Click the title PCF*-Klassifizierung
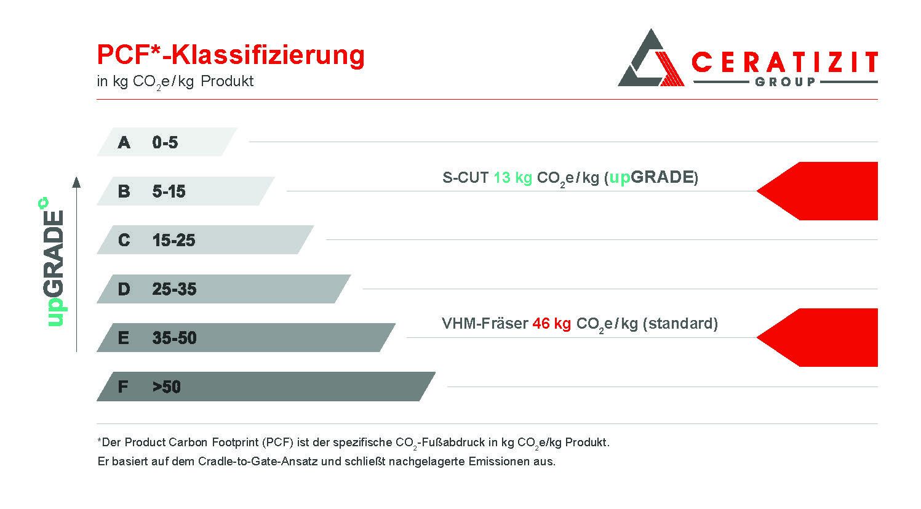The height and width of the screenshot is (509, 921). point(231,55)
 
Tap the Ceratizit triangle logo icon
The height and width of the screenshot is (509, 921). point(651,58)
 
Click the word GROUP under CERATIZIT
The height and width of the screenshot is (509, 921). point(785,82)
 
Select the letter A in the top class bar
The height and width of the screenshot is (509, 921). point(124,143)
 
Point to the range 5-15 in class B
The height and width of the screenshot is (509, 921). point(169,191)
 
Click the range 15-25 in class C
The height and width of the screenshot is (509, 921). point(173,240)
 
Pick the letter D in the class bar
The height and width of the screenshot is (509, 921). point(124,289)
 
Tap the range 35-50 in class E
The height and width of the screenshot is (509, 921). point(174,338)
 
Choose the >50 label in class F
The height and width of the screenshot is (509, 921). point(166,387)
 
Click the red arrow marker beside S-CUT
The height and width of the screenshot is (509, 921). point(818,191)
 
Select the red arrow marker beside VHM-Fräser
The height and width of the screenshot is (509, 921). point(818,337)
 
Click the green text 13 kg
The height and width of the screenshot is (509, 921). point(512,178)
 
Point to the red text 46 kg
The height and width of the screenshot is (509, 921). point(551,324)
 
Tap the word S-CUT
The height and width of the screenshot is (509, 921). point(466,178)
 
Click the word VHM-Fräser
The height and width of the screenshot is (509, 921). point(485,323)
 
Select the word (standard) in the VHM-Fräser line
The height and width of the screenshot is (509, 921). point(680,324)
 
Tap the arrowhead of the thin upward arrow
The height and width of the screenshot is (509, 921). point(76,182)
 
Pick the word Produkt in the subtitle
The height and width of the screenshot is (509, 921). point(227,81)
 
